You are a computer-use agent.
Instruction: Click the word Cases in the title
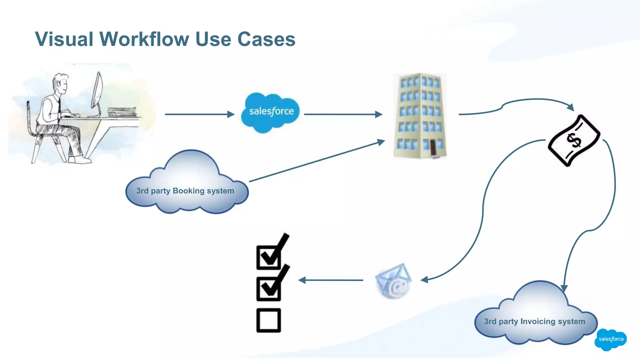[x=266, y=39]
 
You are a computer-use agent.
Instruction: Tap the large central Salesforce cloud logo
[x=271, y=112]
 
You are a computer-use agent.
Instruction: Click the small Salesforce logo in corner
[x=611, y=339]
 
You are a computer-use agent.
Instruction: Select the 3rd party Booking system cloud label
[x=185, y=191]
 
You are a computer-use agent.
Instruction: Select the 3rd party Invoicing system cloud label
[x=534, y=321]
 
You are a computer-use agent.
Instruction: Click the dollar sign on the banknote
[x=574, y=140]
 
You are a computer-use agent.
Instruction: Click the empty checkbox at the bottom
[x=268, y=320]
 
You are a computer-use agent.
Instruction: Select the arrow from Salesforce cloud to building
[x=342, y=114]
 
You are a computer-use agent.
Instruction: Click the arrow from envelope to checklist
[x=331, y=280]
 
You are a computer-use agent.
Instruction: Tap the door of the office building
[x=433, y=147]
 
